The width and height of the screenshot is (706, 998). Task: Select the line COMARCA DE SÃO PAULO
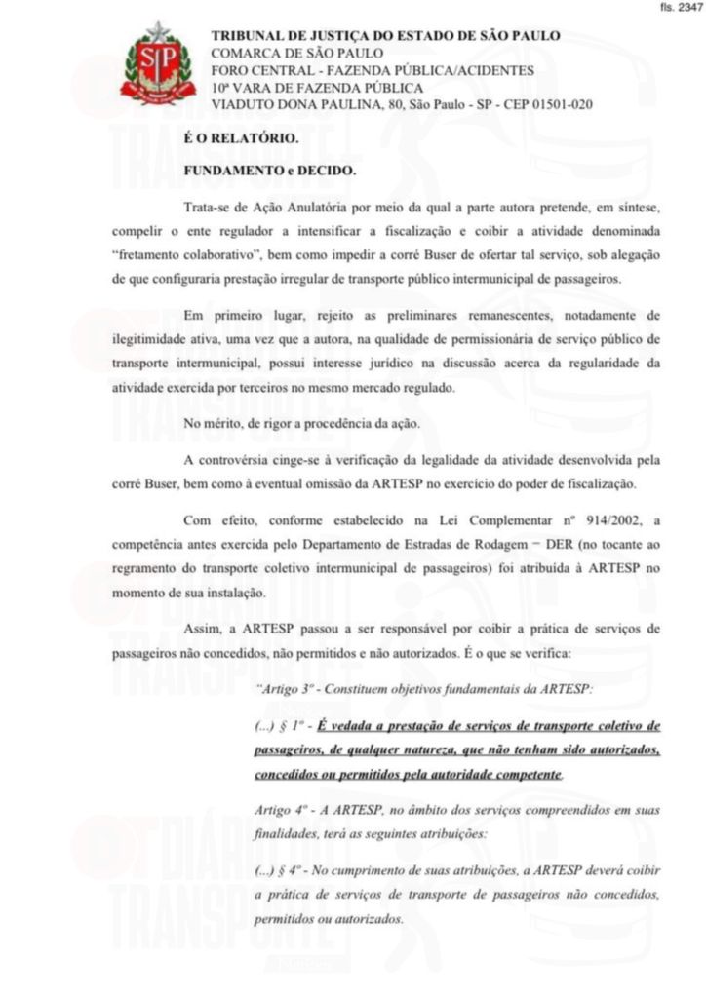[x=297, y=53]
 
